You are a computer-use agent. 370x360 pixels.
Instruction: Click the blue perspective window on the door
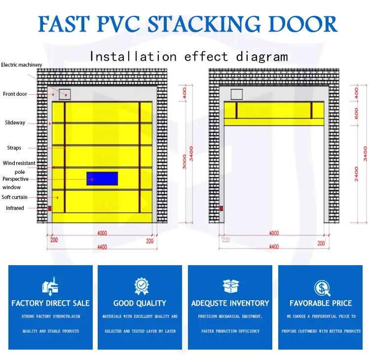tap(102, 178)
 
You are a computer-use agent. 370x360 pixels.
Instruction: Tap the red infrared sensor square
tap(49, 208)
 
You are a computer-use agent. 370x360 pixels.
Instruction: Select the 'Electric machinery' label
tap(22, 65)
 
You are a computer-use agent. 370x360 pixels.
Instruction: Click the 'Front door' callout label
tap(15, 94)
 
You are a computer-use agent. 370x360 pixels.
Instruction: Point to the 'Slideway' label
tap(15, 122)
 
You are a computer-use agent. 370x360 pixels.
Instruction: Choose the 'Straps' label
tap(14, 148)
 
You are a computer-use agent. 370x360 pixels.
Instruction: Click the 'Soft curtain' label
tap(14, 198)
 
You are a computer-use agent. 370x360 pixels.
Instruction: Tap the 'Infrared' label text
tap(15, 208)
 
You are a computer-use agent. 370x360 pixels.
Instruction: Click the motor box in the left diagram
tap(65, 94)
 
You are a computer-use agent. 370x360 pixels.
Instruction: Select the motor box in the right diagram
tap(237, 94)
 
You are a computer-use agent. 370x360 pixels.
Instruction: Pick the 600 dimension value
tap(356, 113)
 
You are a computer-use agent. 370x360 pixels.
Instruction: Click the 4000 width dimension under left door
tap(102, 233)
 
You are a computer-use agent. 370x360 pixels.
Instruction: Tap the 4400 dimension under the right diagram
tap(273, 247)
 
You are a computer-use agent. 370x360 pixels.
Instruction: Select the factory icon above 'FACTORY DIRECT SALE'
tap(50, 287)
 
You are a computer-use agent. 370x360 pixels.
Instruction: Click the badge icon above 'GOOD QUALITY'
tap(140, 286)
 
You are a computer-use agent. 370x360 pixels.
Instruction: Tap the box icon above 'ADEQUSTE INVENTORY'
tap(230, 286)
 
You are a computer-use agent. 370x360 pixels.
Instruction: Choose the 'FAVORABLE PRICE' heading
tap(321, 303)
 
